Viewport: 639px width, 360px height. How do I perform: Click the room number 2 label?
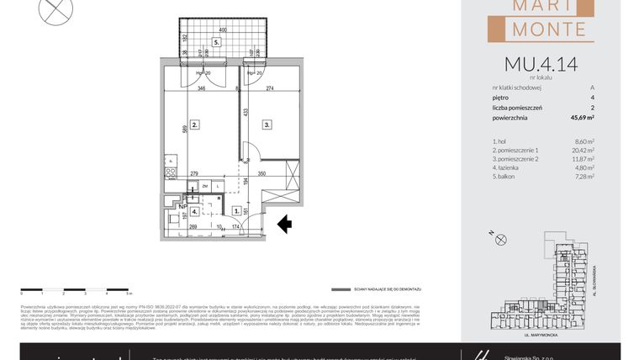[194, 125]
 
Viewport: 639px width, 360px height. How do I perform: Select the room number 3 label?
[266, 125]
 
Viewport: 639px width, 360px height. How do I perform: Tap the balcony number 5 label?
[216, 41]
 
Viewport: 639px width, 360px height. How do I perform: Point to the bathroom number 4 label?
[194, 212]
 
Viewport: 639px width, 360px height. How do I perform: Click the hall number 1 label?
[237, 212]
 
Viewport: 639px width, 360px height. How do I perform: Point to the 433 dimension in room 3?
[245, 112]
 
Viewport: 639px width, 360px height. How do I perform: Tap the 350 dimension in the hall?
[261, 173]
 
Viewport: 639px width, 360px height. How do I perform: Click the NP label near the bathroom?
[181, 204]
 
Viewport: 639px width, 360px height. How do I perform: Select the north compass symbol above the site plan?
[502, 240]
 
